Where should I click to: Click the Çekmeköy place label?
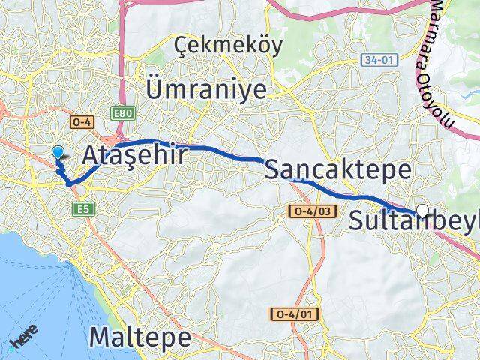pos(228,48)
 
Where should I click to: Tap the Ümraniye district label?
pos(208,89)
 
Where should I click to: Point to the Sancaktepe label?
pos(337,169)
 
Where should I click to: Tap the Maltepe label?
pos(140,337)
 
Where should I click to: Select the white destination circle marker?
pos(423,211)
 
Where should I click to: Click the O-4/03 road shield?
pos(310,212)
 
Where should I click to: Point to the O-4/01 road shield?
pos(292,313)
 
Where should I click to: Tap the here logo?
pos(25,338)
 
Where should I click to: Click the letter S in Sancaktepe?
pos(274,169)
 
